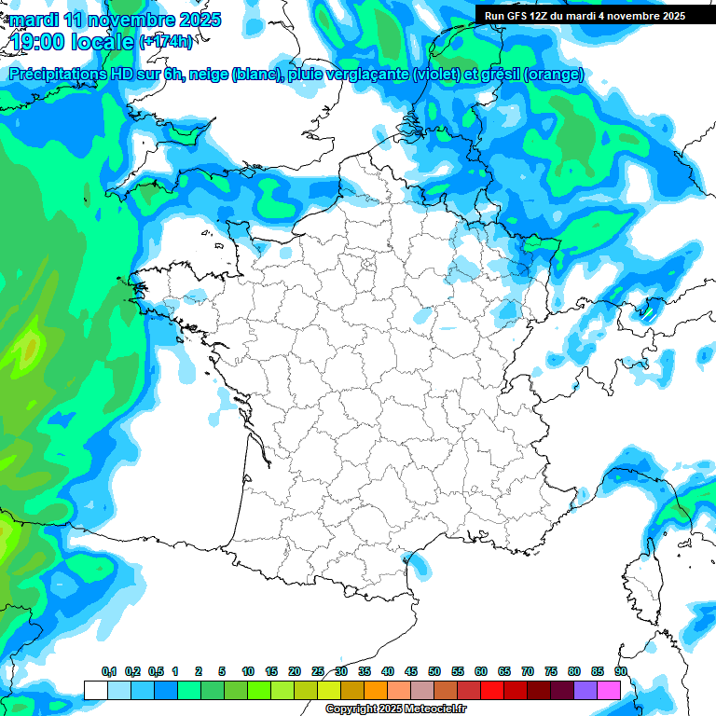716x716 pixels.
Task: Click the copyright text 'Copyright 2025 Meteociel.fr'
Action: [396, 709]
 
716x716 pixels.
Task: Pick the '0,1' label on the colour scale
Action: [108, 672]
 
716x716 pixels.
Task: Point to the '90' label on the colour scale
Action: [620, 672]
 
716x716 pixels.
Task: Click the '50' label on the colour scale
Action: [434, 672]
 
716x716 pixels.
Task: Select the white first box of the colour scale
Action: [95, 691]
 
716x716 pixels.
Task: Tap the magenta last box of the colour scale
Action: [608, 691]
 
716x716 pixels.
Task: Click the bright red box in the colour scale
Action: [491, 691]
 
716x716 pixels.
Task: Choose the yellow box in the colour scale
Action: [328, 691]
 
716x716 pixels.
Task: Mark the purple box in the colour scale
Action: [585, 691]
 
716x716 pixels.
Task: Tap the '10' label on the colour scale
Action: [248, 672]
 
